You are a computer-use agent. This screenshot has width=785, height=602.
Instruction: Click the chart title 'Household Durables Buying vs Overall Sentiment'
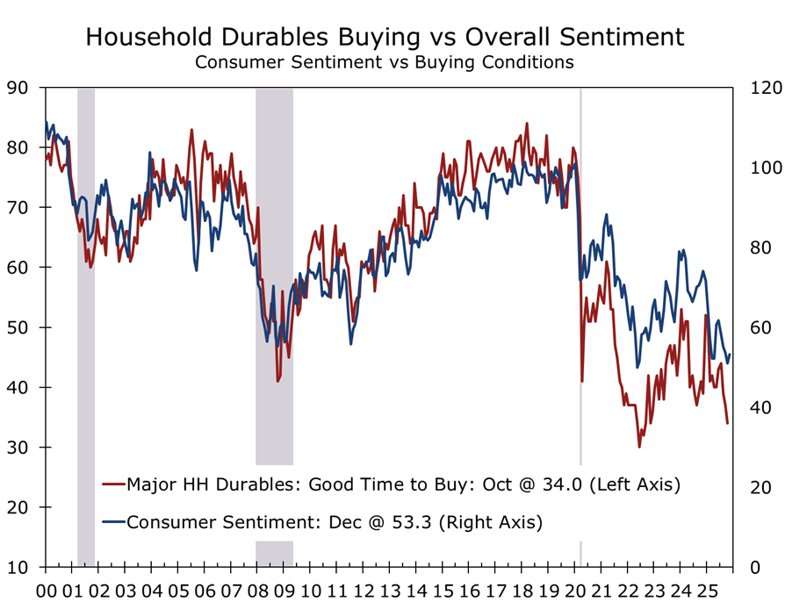385,37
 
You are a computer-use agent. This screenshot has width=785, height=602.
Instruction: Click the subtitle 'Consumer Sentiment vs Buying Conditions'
384,62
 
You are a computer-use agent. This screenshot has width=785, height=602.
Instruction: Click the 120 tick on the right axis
761,87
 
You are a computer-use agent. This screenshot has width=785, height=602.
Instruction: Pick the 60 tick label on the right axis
758,327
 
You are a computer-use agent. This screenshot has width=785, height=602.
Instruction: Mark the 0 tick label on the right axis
753,567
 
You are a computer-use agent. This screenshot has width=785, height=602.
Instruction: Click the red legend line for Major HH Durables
113,484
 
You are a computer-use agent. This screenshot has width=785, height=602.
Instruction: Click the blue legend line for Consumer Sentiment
113,522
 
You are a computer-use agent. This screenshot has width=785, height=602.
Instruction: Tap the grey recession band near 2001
86,263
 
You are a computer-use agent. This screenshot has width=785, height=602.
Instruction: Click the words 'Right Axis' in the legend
501,522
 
